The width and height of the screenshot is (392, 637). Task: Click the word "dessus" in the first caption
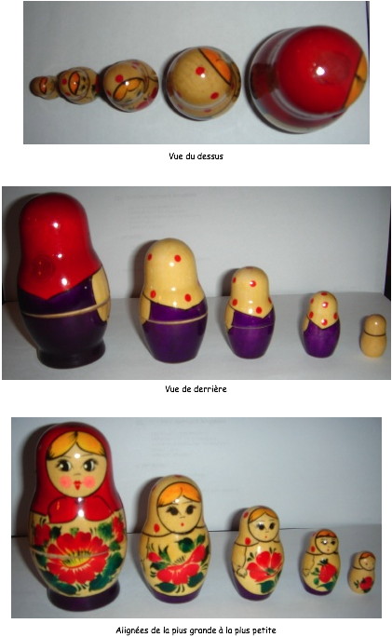click(x=210, y=156)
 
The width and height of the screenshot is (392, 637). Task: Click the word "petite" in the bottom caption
click(x=264, y=630)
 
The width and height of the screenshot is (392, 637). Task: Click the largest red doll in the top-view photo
click(x=308, y=79)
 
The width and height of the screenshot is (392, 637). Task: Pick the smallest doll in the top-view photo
click(x=44, y=87)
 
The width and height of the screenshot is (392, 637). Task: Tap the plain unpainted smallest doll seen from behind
click(x=372, y=335)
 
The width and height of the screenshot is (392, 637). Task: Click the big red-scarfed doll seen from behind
click(x=63, y=280)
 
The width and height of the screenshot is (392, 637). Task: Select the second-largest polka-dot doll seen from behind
click(x=173, y=300)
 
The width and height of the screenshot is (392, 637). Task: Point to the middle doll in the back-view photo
click(x=250, y=312)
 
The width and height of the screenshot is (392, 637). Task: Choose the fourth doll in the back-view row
click(x=321, y=324)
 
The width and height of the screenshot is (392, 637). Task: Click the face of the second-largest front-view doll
click(x=180, y=509)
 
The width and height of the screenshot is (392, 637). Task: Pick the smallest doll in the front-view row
click(x=362, y=572)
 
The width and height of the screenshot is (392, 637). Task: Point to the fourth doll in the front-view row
click(x=321, y=562)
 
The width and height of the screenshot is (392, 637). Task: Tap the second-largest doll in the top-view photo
click(x=202, y=83)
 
